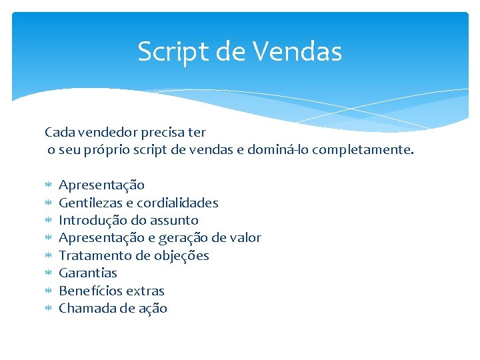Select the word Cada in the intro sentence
coord(59,133)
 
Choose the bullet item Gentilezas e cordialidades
coord(139,203)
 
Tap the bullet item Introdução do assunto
coord(129,220)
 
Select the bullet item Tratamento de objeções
coord(134,255)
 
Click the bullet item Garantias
coord(88,273)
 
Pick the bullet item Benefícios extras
coord(111,291)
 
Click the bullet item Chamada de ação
coord(113,308)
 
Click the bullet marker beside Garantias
coord(47,273)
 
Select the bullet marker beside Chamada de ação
coord(47,309)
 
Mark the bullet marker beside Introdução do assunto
coord(47,221)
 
